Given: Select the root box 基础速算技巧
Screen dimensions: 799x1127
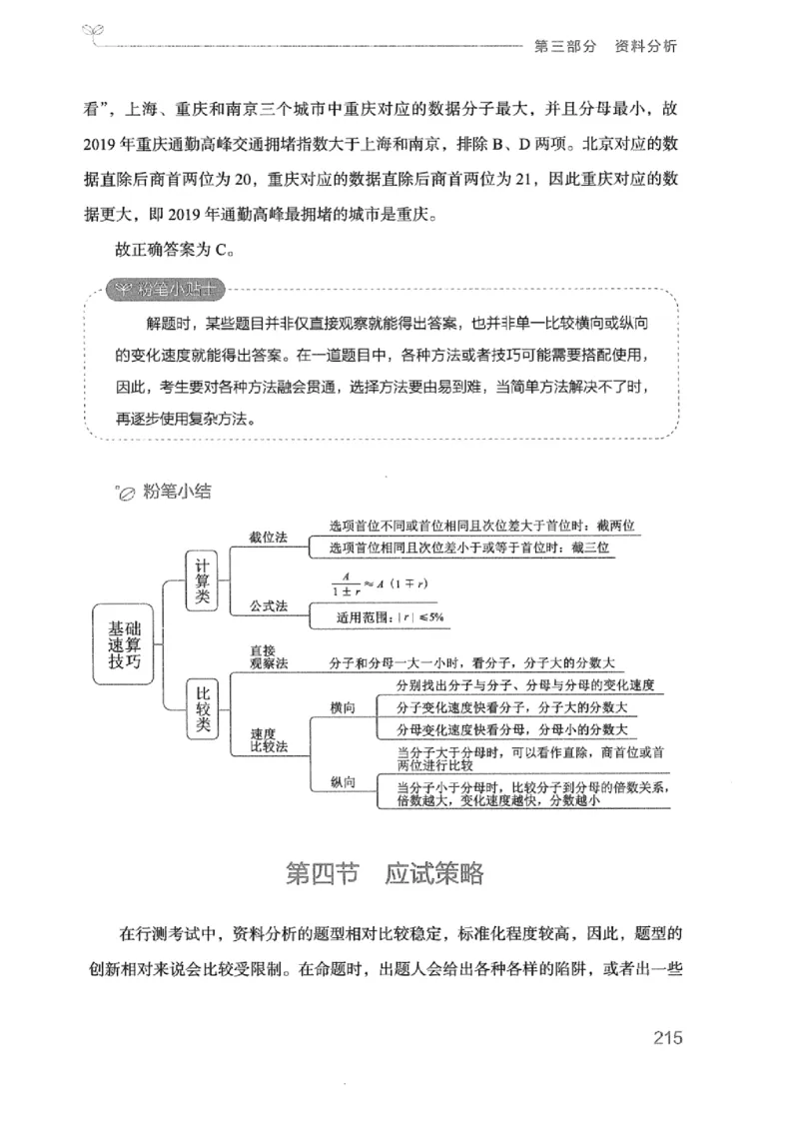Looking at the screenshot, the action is pyautogui.click(x=125, y=645).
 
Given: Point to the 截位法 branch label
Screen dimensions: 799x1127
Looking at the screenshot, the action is pyautogui.click(x=268, y=537).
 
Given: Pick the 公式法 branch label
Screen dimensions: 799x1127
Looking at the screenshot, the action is pyautogui.click(x=268, y=605).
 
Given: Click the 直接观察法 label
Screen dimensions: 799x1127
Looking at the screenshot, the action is pyautogui.click(x=268, y=656).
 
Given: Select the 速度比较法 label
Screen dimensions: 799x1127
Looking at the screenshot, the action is pyautogui.click(x=268, y=739).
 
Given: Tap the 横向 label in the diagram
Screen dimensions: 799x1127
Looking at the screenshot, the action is pyautogui.click(x=343, y=707).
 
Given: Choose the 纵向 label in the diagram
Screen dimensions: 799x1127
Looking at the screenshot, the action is pyautogui.click(x=343, y=782).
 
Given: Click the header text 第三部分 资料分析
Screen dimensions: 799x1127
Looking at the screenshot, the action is pyautogui.click(x=606, y=46).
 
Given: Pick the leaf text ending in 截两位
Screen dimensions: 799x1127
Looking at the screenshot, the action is pyautogui.click(x=482, y=525).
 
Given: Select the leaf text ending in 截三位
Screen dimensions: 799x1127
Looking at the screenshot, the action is pyautogui.click(x=468, y=548).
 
